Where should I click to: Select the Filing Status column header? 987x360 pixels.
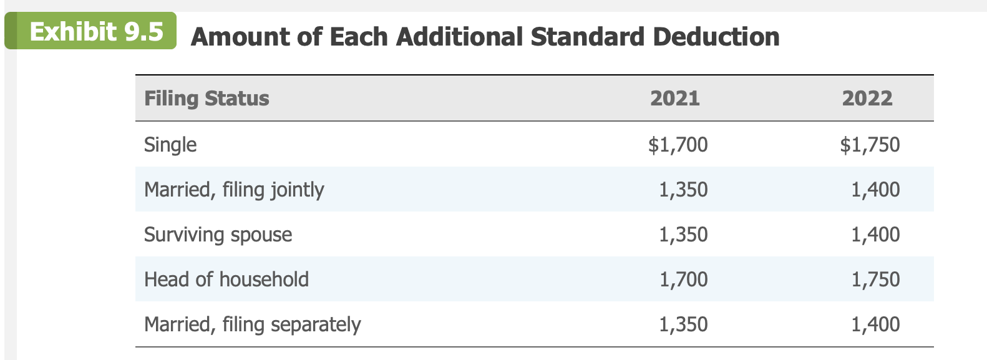click(207, 99)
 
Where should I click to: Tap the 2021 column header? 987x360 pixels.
click(674, 99)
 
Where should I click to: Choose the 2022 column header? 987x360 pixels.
click(867, 99)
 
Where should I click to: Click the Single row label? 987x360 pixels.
click(170, 145)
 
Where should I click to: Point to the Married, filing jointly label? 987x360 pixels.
click(234, 190)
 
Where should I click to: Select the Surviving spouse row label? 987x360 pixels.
click(218, 235)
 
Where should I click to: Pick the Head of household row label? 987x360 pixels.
click(226, 280)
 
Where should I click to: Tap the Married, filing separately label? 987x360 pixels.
click(252, 324)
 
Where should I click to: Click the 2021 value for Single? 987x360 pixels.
click(678, 145)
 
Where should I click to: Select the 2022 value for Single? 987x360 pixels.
click(870, 145)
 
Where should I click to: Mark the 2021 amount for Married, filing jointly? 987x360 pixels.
click(684, 190)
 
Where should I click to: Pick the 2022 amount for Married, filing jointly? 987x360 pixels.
click(876, 190)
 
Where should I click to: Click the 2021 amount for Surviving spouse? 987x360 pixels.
click(684, 235)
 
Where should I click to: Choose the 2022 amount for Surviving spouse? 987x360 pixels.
click(876, 235)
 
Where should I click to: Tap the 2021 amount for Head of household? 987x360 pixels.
click(684, 280)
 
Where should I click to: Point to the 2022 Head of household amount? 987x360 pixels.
click(876, 280)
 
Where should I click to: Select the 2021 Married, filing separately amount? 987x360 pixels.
click(684, 324)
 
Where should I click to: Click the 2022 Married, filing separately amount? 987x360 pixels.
click(876, 324)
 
